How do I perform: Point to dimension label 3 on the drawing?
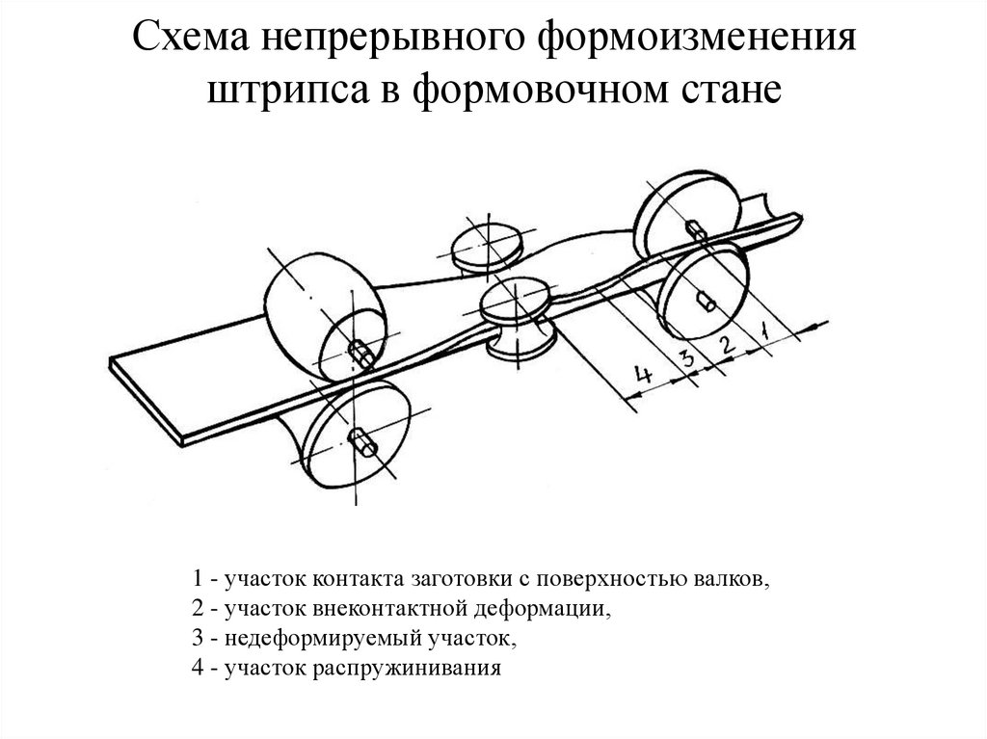pyautogui.click(x=686, y=359)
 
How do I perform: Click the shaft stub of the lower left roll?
pyautogui.click(x=364, y=443)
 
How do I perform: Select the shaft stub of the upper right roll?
pyautogui.click(x=696, y=229)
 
